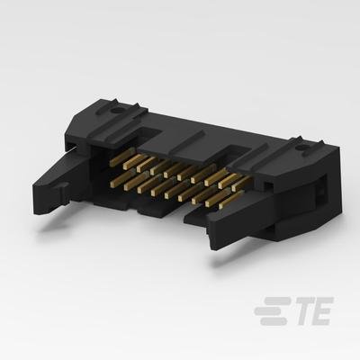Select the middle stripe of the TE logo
click(x=270, y=310)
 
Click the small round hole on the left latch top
click(x=115, y=112)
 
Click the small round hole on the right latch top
click(x=302, y=148)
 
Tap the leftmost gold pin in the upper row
click(x=120, y=160)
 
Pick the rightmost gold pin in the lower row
click(x=230, y=199)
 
